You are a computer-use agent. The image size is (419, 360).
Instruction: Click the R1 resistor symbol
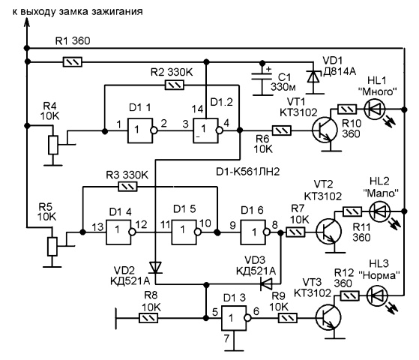coord(73,61)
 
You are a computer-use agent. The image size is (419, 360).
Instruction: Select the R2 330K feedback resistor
coord(175,85)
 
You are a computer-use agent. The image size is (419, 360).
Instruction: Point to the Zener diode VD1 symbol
coord(313,77)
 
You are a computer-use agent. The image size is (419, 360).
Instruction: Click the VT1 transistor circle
coord(325,130)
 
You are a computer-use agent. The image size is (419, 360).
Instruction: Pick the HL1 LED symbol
coord(374,109)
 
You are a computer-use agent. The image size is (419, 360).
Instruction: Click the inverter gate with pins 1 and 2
coord(142,130)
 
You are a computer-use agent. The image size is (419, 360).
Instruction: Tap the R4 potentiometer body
coord(53,145)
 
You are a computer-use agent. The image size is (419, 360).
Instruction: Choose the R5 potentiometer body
coord(52,246)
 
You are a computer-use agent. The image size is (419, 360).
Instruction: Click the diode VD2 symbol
coord(155,268)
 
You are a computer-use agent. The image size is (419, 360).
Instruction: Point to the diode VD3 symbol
coord(266,283)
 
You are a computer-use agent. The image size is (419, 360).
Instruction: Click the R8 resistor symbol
coord(148,318)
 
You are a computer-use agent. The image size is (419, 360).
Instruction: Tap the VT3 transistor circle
coord(328,317)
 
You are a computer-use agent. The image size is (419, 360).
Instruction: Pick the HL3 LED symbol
coord(377,295)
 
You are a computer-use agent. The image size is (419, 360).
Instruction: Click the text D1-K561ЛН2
coord(247,172)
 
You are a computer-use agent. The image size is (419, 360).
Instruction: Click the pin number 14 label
coord(197,109)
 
